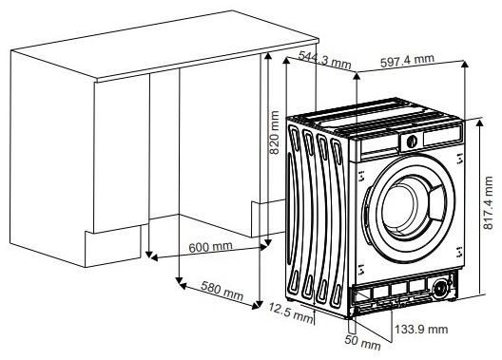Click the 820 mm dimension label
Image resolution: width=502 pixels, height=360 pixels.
point(275,132)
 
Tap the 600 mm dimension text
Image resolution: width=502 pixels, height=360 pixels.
point(211,247)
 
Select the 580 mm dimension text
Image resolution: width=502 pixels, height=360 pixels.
point(222,291)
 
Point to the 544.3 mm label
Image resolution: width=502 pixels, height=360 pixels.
point(324,61)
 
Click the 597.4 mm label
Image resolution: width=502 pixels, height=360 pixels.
point(407,61)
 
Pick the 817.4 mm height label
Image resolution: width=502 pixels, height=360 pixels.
point(489,203)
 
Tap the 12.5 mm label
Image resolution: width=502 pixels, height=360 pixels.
point(291,313)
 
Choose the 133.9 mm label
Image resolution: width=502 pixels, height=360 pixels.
point(421,329)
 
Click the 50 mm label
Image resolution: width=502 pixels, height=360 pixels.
point(362,342)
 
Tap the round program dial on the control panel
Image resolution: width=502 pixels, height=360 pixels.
point(412,141)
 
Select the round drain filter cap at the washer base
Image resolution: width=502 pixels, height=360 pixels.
point(440,289)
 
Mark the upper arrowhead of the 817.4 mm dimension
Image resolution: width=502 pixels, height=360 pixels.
point(479,123)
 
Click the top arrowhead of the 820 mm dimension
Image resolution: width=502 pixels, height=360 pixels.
point(268,57)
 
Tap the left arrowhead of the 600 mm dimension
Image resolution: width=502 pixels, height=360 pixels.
point(154,257)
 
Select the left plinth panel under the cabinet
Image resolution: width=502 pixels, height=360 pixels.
point(113,246)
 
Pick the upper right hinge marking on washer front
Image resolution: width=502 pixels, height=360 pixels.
point(460,159)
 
